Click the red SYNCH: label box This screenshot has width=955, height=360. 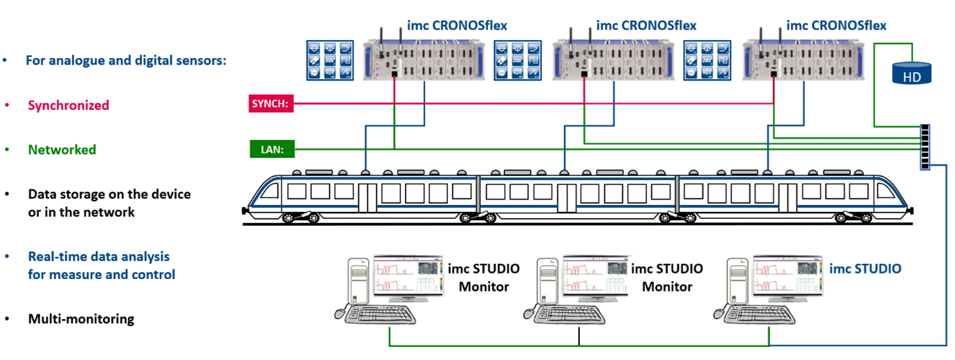(271, 105)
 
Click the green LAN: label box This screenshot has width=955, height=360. (271, 149)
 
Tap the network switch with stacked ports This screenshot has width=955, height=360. (925, 146)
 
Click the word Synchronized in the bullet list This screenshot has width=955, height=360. (69, 105)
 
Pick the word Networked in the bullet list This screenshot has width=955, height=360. (62, 150)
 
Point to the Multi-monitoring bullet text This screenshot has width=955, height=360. (81, 319)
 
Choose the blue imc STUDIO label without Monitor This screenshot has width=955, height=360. (865, 269)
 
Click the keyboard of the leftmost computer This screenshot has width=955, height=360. (377, 315)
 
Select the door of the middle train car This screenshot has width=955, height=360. (567, 197)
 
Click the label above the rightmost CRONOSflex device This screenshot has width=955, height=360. (836, 26)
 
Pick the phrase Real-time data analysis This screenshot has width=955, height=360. (98, 257)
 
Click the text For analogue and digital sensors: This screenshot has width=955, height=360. (126, 60)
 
